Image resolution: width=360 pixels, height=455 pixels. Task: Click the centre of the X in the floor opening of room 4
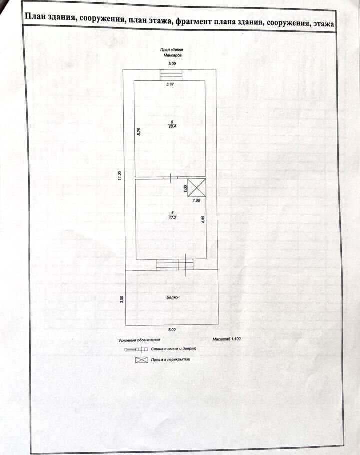196,187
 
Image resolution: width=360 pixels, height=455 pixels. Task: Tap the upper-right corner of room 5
205,80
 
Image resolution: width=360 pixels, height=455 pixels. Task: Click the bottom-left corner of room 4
136,259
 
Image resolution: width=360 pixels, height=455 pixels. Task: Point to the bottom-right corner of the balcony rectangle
218,324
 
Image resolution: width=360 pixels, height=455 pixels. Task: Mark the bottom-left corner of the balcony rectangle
126,325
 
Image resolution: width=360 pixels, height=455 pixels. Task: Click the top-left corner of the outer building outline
123,69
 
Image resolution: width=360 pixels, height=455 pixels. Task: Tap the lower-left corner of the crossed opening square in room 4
188,197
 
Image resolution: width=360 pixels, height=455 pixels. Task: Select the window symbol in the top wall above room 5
171,75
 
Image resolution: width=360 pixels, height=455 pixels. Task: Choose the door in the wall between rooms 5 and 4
170,178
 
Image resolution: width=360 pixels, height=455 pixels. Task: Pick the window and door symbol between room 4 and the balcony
175,265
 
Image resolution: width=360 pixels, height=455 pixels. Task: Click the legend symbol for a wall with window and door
136,349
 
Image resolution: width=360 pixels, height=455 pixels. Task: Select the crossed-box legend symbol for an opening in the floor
142,360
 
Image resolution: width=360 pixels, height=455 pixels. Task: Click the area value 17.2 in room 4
172,217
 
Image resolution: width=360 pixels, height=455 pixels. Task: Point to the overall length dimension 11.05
120,176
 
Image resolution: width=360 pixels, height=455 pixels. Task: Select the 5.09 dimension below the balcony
172,329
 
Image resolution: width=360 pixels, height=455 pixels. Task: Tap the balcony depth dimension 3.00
122,299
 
